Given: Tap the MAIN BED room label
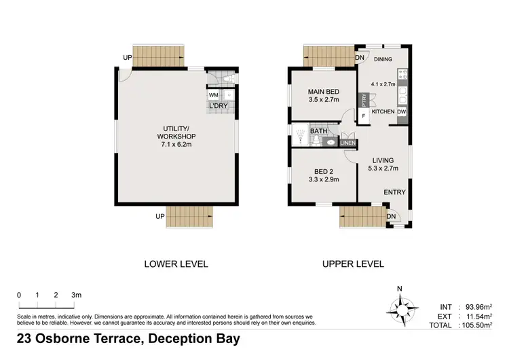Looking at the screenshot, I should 323,92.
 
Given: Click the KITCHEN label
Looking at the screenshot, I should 383,111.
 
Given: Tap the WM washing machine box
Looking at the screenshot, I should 214,95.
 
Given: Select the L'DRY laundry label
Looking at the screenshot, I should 218,107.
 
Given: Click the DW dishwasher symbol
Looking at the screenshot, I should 402,111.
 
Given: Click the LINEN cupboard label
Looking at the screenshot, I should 347,143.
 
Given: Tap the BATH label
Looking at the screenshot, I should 318,131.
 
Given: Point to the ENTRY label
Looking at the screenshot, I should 394,192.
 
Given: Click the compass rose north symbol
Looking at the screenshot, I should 400,308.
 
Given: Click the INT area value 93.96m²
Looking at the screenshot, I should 478,306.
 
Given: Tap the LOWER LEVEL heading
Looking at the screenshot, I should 176,264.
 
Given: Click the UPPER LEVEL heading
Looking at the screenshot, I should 353,264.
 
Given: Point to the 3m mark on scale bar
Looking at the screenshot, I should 77,295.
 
